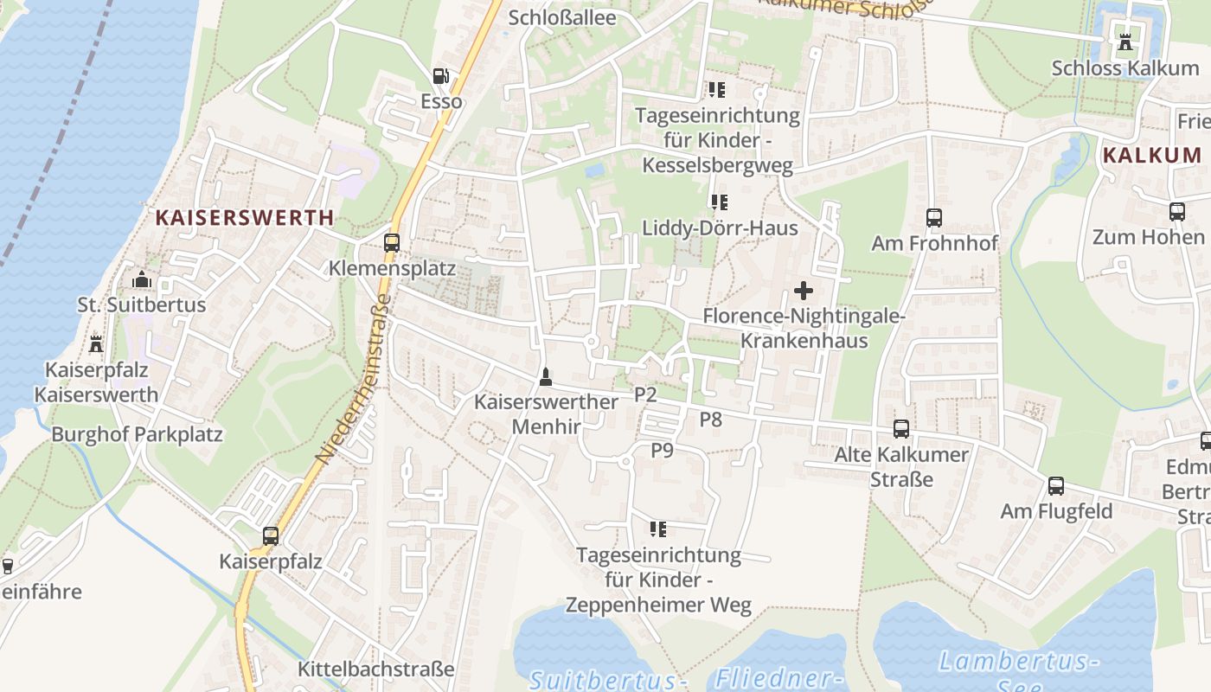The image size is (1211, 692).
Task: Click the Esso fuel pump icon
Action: [x=441, y=76]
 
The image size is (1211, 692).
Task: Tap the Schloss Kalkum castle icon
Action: [x=1125, y=42]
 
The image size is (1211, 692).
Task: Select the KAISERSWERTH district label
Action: [x=244, y=218]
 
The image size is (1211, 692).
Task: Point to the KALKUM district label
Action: [x=1152, y=156]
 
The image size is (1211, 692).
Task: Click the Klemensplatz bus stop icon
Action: [x=392, y=243]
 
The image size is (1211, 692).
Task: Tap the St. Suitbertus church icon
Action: [x=142, y=279]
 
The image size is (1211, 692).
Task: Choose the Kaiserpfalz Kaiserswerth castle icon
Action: [x=96, y=344]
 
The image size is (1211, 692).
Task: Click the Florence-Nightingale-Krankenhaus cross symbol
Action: [x=804, y=291]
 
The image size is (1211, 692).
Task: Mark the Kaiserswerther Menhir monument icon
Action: [x=546, y=377]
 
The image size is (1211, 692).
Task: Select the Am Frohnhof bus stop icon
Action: [x=934, y=218]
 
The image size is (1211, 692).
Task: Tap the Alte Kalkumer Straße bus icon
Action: [x=901, y=429]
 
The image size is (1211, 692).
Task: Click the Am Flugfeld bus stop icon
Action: [x=1056, y=486]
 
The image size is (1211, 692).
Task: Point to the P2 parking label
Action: [x=646, y=395]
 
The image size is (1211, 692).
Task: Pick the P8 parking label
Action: [x=710, y=420]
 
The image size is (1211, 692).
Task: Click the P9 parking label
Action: [x=662, y=451]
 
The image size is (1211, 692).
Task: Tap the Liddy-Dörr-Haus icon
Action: [x=719, y=202]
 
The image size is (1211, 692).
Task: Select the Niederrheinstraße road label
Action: [x=353, y=377]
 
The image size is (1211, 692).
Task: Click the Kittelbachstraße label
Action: [x=375, y=670]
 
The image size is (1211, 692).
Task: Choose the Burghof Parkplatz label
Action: [x=137, y=434]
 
